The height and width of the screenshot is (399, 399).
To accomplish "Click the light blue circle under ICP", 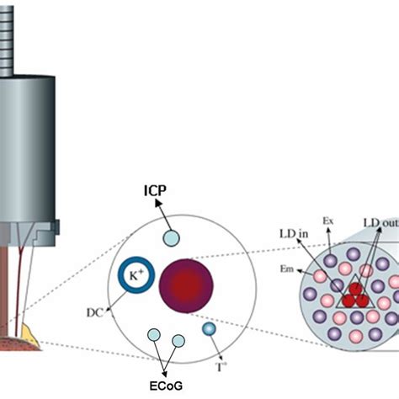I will pyautogui.click(x=170, y=239).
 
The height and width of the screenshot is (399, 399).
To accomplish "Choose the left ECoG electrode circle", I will pyautogui.click(x=153, y=336).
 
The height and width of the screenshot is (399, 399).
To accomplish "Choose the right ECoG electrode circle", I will pyautogui.click(x=178, y=342).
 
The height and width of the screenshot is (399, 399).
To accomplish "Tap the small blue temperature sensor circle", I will pyautogui.click(x=209, y=329).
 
